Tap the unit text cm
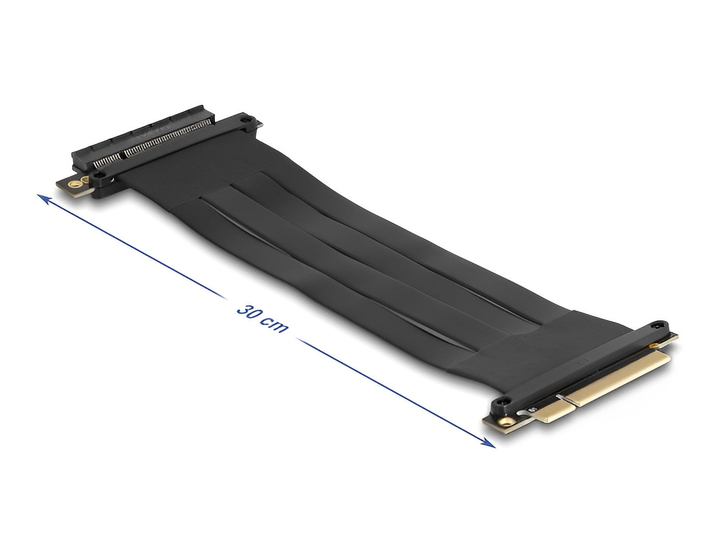[x=275, y=325]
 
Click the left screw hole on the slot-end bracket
[x=100, y=176]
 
